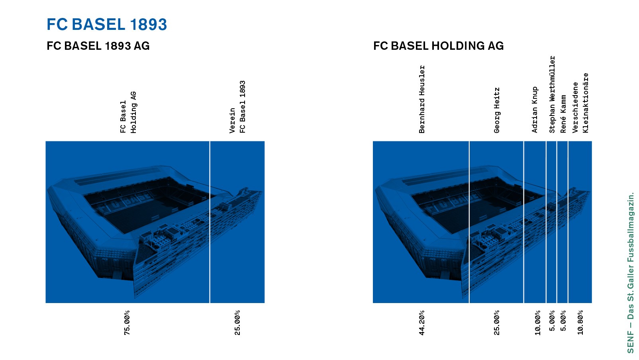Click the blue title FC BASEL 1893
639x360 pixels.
(x=107, y=24)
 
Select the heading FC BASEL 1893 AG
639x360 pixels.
(x=98, y=46)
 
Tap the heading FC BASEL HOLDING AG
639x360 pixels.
(x=439, y=46)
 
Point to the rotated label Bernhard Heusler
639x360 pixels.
(x=422, y=99)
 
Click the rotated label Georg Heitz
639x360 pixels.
(x=497, y=110)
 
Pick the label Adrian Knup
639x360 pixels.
(x=535, y=110)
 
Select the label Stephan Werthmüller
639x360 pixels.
(x=552, y=94)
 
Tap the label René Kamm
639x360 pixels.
(x=563, y=114)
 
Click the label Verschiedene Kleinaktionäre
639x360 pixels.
(x=580, y=103)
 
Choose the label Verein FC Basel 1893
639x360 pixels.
(x=237, y=107)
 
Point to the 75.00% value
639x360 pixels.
(x=127, y=323)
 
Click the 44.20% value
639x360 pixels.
(x=422, y=323)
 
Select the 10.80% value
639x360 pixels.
(x=580, y=323)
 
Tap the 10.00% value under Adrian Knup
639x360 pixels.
(x=538, y=323)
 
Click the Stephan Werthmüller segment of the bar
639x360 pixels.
(x=551, y=222)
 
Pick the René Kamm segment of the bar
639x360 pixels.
(x=563, y=222)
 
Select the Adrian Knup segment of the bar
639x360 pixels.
(x=535, y=222)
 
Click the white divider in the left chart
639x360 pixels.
(x=210, y=222)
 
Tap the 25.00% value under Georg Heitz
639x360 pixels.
(x=497, y=323)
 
